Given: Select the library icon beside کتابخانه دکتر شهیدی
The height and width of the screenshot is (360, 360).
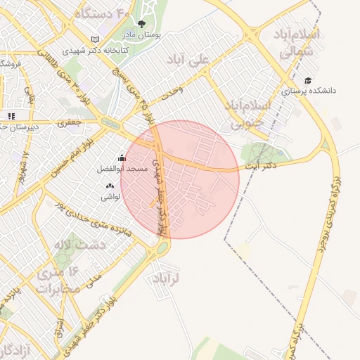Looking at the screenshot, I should click(96, 39).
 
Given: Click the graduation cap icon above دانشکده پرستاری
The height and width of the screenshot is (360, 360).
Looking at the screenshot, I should click(307, 80).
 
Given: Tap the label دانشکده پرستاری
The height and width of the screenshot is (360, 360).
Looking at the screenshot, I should click(309, 91).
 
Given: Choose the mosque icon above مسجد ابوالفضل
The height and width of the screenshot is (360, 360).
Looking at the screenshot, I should click(122, 158).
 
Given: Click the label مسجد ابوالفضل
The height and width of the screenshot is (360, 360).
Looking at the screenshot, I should click(122, 169).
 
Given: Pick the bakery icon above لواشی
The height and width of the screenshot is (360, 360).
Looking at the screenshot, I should click(110, 186).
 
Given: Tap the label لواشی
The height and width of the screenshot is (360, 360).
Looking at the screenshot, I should click(110, 197).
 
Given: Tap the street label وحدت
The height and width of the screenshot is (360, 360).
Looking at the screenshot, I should click(172, 91).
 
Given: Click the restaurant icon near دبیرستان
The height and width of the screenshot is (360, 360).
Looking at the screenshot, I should click(11, 116).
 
